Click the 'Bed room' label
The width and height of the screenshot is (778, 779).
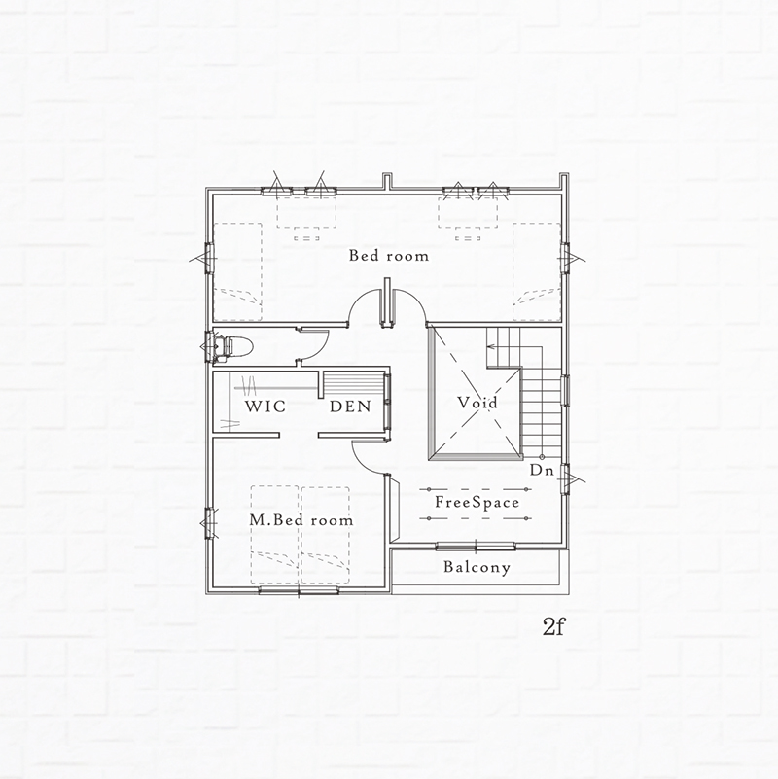tap(388, 256)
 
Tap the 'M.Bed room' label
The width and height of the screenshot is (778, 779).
tap(301, 520)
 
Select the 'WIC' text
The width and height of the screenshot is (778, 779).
tap(265, 407)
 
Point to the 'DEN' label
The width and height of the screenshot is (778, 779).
tap(350, 407)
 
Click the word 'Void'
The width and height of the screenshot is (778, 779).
tap(477, 402)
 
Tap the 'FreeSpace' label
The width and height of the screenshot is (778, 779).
tap(477, 502)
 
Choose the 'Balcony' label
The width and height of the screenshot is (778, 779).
tap(477, 567)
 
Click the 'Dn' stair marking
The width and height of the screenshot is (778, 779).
tap(542, 470)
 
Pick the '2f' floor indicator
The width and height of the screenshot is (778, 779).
tap(554, 627)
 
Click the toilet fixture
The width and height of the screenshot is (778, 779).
tap(233, 345)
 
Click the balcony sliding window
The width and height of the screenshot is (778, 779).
tap(476, 547)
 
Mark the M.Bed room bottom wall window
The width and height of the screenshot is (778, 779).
tap(300, 590)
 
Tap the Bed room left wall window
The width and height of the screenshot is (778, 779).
tap(209, 258)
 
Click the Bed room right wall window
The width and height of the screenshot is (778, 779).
tap(565, 258)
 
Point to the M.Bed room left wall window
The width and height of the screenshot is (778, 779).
tap(209, 523)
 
